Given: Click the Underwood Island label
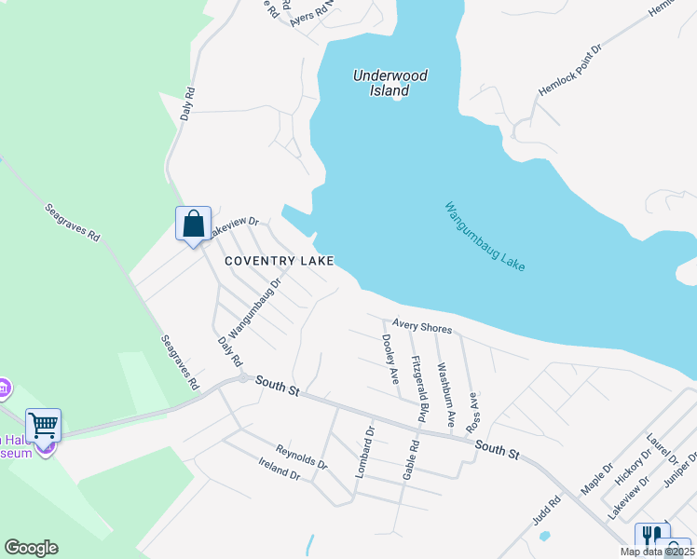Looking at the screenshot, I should click(382, 84).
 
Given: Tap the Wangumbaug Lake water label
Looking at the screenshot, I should click(485, 237).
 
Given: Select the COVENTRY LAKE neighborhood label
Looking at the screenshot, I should click(278, 261).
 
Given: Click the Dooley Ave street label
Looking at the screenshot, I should click(389, 360).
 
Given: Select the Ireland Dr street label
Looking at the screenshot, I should click(280, 471).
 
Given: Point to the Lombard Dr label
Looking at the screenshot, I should click(364, 451).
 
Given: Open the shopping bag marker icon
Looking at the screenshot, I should click(193, 225).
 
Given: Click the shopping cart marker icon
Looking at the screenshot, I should click(43, 426).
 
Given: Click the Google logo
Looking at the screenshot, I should click(31, 548).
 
